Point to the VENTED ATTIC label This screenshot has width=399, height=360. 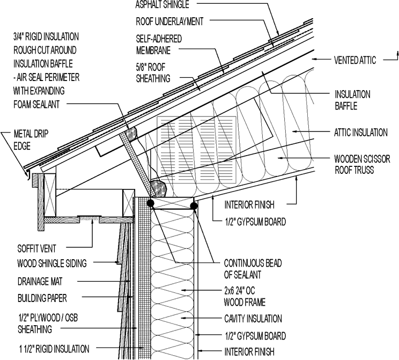click(355, 60)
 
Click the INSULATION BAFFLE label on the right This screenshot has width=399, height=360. click(353, 100)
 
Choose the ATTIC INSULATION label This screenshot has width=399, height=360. click(360, 131)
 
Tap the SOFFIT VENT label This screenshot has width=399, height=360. click(36, 249)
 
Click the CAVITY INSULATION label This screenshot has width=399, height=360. click(252, 319)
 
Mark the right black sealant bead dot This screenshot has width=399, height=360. click(194, 204)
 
